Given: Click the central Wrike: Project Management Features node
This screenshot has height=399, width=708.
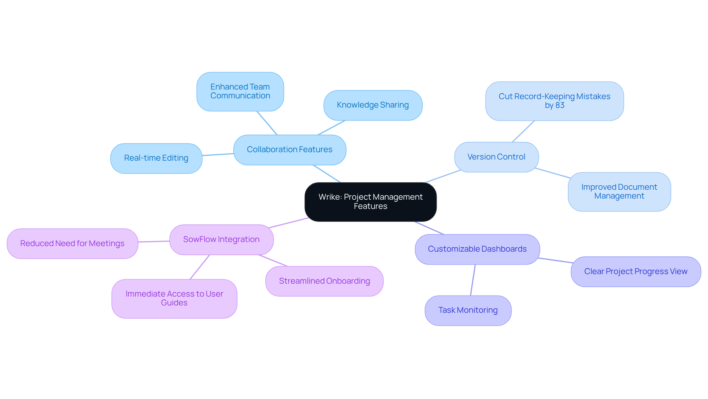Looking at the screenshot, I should (370, 202).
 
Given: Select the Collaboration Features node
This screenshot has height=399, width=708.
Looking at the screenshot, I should (289, 150).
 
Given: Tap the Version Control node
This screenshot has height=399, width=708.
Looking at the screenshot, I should (496, 157).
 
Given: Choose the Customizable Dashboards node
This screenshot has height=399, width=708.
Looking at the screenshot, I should (477, 249).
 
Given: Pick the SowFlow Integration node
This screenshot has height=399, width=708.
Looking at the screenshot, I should (221, 239).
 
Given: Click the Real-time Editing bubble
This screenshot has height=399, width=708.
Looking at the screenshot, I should (156, 158).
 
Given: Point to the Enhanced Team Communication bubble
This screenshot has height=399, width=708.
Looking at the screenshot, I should (240, 91).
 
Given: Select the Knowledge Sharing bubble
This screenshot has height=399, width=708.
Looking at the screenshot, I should (372, 105).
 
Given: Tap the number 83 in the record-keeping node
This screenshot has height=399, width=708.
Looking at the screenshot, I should (560, 105).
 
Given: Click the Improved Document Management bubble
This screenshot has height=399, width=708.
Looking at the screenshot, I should (619, 192).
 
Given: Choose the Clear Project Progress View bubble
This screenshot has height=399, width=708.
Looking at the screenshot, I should (635, 272).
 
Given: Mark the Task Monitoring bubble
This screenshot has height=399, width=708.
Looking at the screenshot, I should (468, 310).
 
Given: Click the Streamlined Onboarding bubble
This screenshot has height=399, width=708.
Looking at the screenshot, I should (324, 281).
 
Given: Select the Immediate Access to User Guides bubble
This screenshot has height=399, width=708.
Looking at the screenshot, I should (174, 298).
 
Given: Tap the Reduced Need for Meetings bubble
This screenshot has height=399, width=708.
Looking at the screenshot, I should (72, 244).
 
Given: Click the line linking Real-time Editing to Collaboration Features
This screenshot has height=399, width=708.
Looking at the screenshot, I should (218, 155).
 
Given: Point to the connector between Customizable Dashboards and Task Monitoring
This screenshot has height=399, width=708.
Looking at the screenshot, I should (473, 280).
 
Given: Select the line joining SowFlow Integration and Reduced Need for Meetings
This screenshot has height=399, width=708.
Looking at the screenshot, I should (154, 241).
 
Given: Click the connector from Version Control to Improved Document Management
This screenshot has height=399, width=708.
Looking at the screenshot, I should (552, 173).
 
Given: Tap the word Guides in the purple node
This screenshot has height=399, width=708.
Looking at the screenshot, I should (174, 303).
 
